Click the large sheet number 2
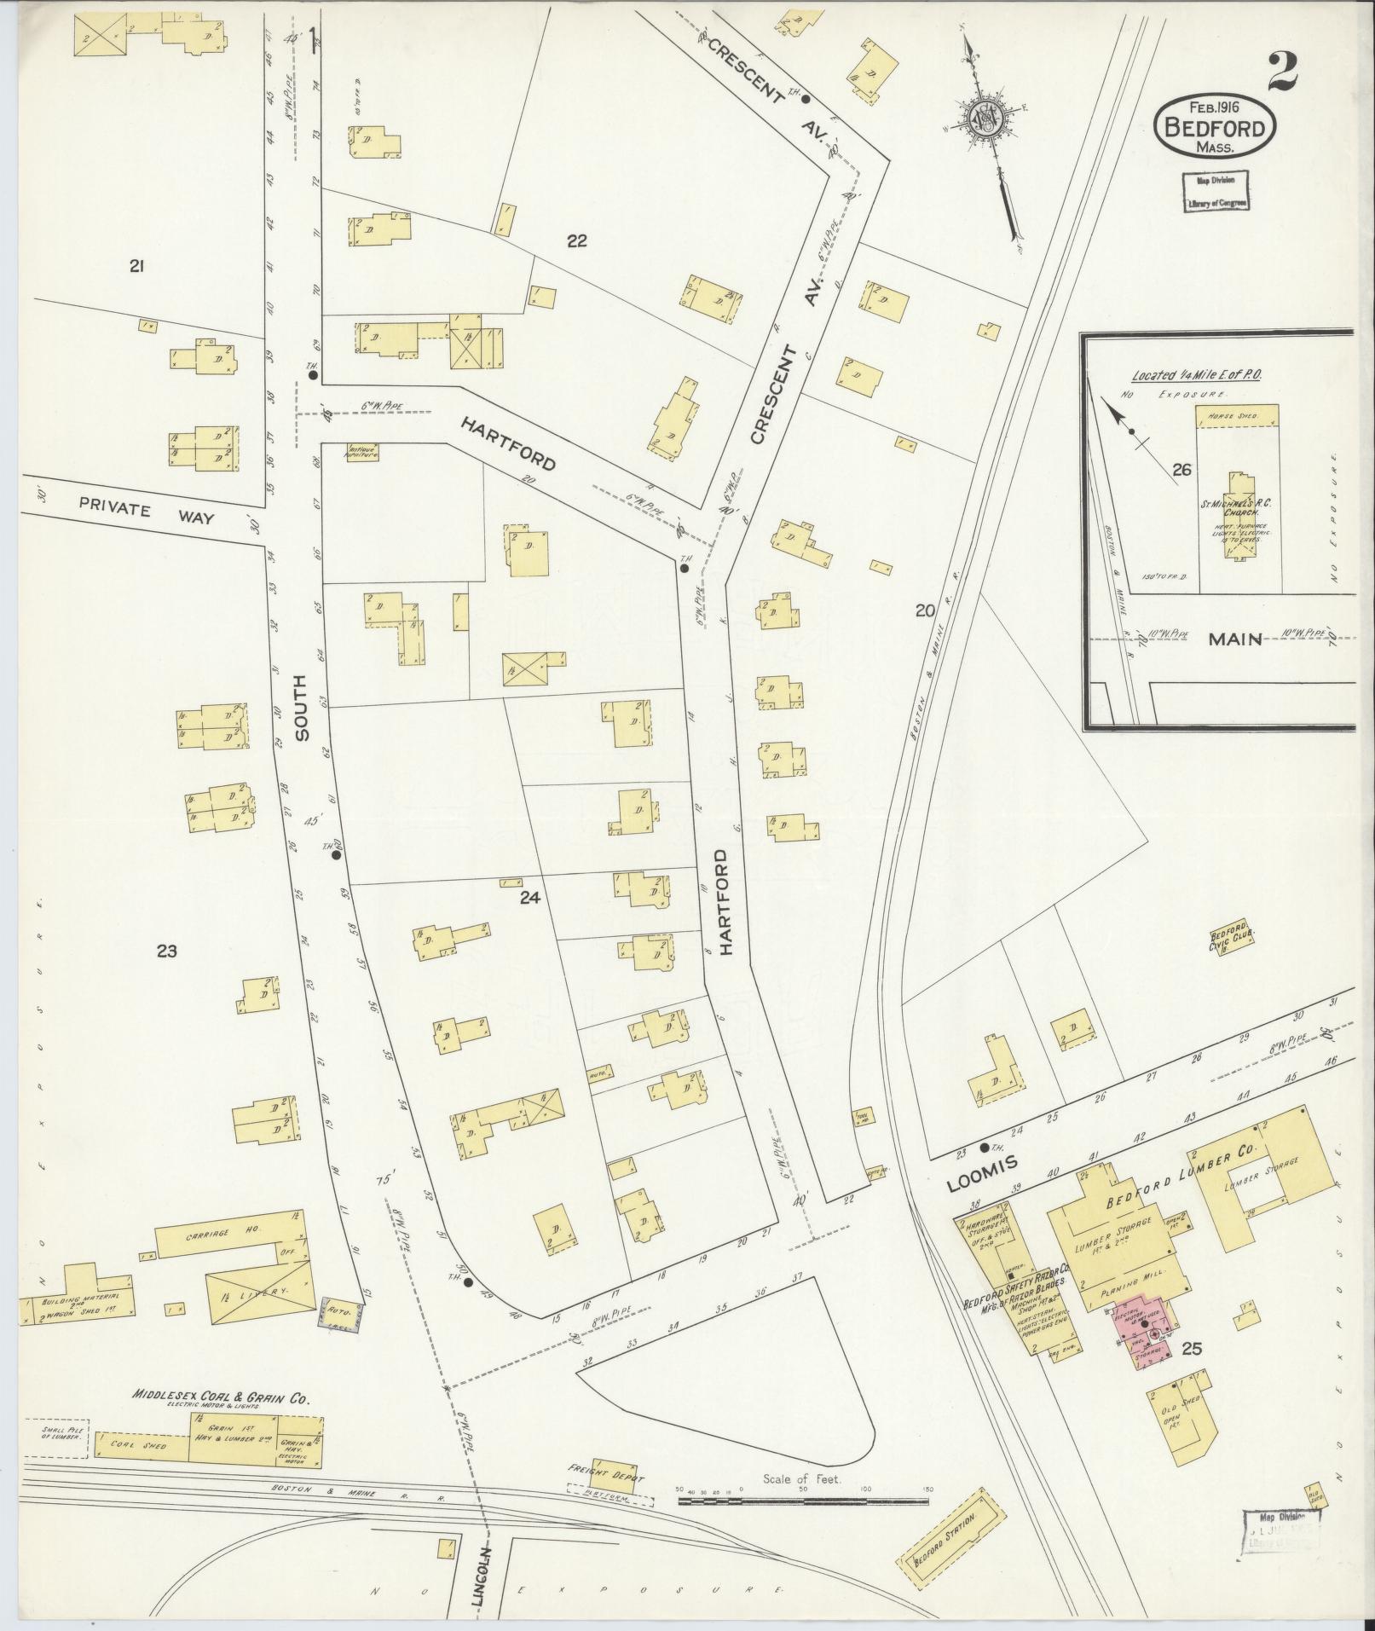point(1281,72)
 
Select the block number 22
point(576,241)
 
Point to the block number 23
point(166,951)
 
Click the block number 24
point(529,898)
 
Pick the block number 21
point(136,267)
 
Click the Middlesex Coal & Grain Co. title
point(220,1397)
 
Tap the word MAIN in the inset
point(1235,639)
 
